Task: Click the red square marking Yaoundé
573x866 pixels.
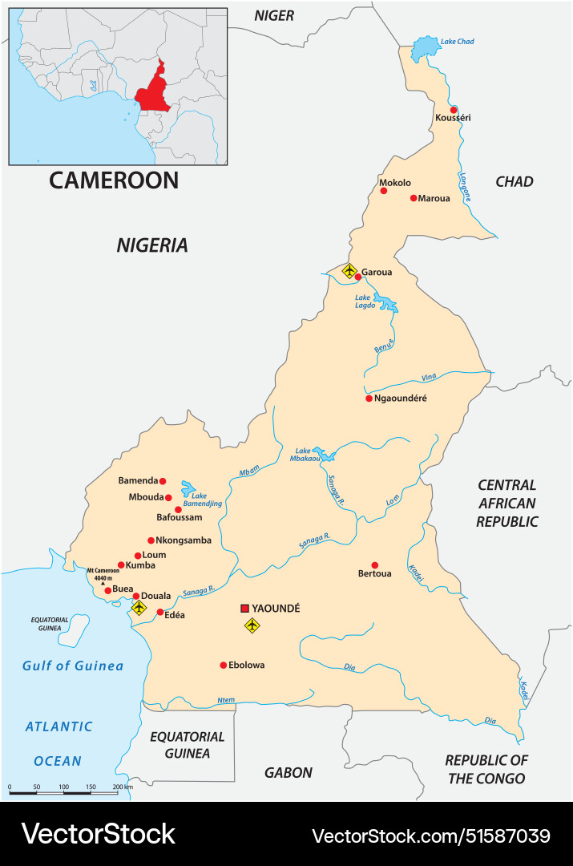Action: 245,609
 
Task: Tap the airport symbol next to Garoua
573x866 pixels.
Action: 349,271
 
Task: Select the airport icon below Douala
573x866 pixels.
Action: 139,609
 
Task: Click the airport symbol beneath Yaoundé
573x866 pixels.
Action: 252,625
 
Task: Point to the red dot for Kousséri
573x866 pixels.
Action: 454,110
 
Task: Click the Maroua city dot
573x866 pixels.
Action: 414,198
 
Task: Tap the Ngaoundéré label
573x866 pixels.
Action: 401,398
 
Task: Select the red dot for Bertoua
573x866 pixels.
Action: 374,565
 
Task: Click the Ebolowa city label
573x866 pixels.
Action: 246,665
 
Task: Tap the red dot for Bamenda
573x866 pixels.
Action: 163,481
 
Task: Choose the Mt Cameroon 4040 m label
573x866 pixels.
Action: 103,574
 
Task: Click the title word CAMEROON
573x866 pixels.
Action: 114,180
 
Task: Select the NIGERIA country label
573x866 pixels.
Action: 152,245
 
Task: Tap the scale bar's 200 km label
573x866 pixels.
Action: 123,787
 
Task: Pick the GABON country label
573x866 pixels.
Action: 289,773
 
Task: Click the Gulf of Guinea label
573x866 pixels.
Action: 73,666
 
